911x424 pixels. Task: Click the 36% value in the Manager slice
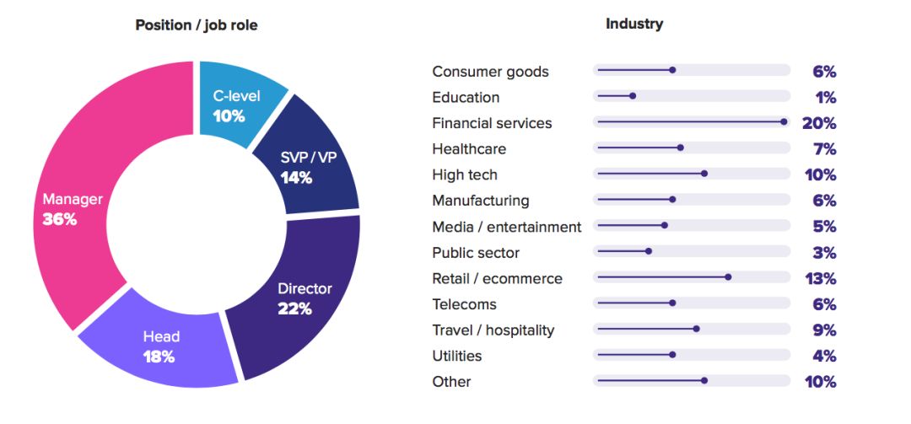(x=60, y=220)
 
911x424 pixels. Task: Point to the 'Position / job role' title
(x=197, y=25)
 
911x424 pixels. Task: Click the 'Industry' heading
(x=634, y=24)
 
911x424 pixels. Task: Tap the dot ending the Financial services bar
(x=784, y=122)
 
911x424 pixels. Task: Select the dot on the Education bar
(x=633, y=96)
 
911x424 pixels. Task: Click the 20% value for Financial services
(x=819, y=123)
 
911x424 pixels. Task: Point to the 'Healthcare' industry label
(x=469, y=149)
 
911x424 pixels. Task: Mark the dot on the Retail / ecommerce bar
(x=728, y=277)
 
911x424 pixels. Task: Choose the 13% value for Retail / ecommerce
(x=820, y=278)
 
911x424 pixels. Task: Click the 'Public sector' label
(x=476, y=253)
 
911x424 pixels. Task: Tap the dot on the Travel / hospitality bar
(x=696, y=330)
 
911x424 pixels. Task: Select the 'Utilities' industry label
(x=457, y=356)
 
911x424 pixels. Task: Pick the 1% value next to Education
(x=825, y=97)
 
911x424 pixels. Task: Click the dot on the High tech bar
(x=704, y=174)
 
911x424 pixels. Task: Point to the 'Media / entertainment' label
(x=506, y=227)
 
